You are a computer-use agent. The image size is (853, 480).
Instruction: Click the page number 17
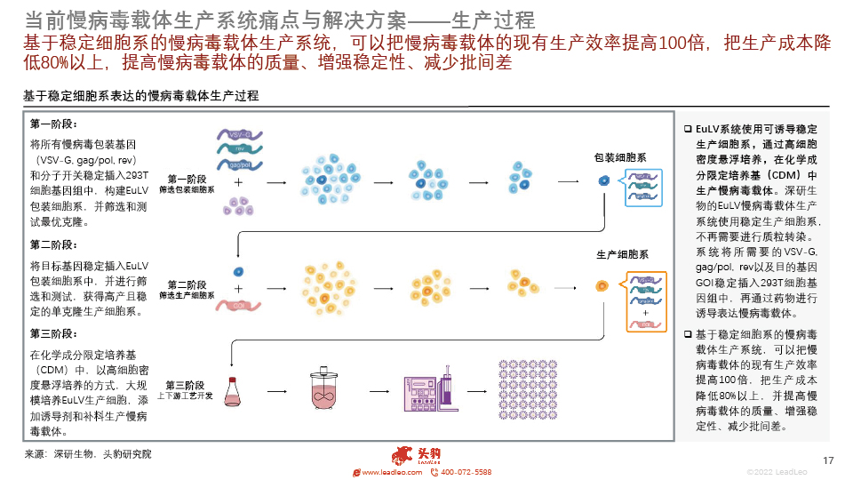point(829,460)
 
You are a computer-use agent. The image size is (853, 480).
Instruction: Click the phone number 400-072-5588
point(466,472)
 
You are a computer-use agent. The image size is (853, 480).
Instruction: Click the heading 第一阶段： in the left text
point(55,124)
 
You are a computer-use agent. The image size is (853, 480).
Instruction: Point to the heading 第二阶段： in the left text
point(55,244)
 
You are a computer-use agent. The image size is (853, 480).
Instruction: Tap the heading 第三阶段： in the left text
point(55,333)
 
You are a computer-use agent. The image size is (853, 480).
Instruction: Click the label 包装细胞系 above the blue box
point(620,157)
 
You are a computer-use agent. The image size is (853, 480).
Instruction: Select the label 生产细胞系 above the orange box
point(620,255)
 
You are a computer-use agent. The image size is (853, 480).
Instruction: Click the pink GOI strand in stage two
point(236,306)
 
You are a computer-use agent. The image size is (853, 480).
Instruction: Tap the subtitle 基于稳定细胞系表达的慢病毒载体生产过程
point(141,96)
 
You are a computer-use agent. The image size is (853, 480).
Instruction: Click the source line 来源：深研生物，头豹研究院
point(88,454)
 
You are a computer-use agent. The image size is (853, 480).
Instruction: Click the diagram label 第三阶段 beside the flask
point(186,385)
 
